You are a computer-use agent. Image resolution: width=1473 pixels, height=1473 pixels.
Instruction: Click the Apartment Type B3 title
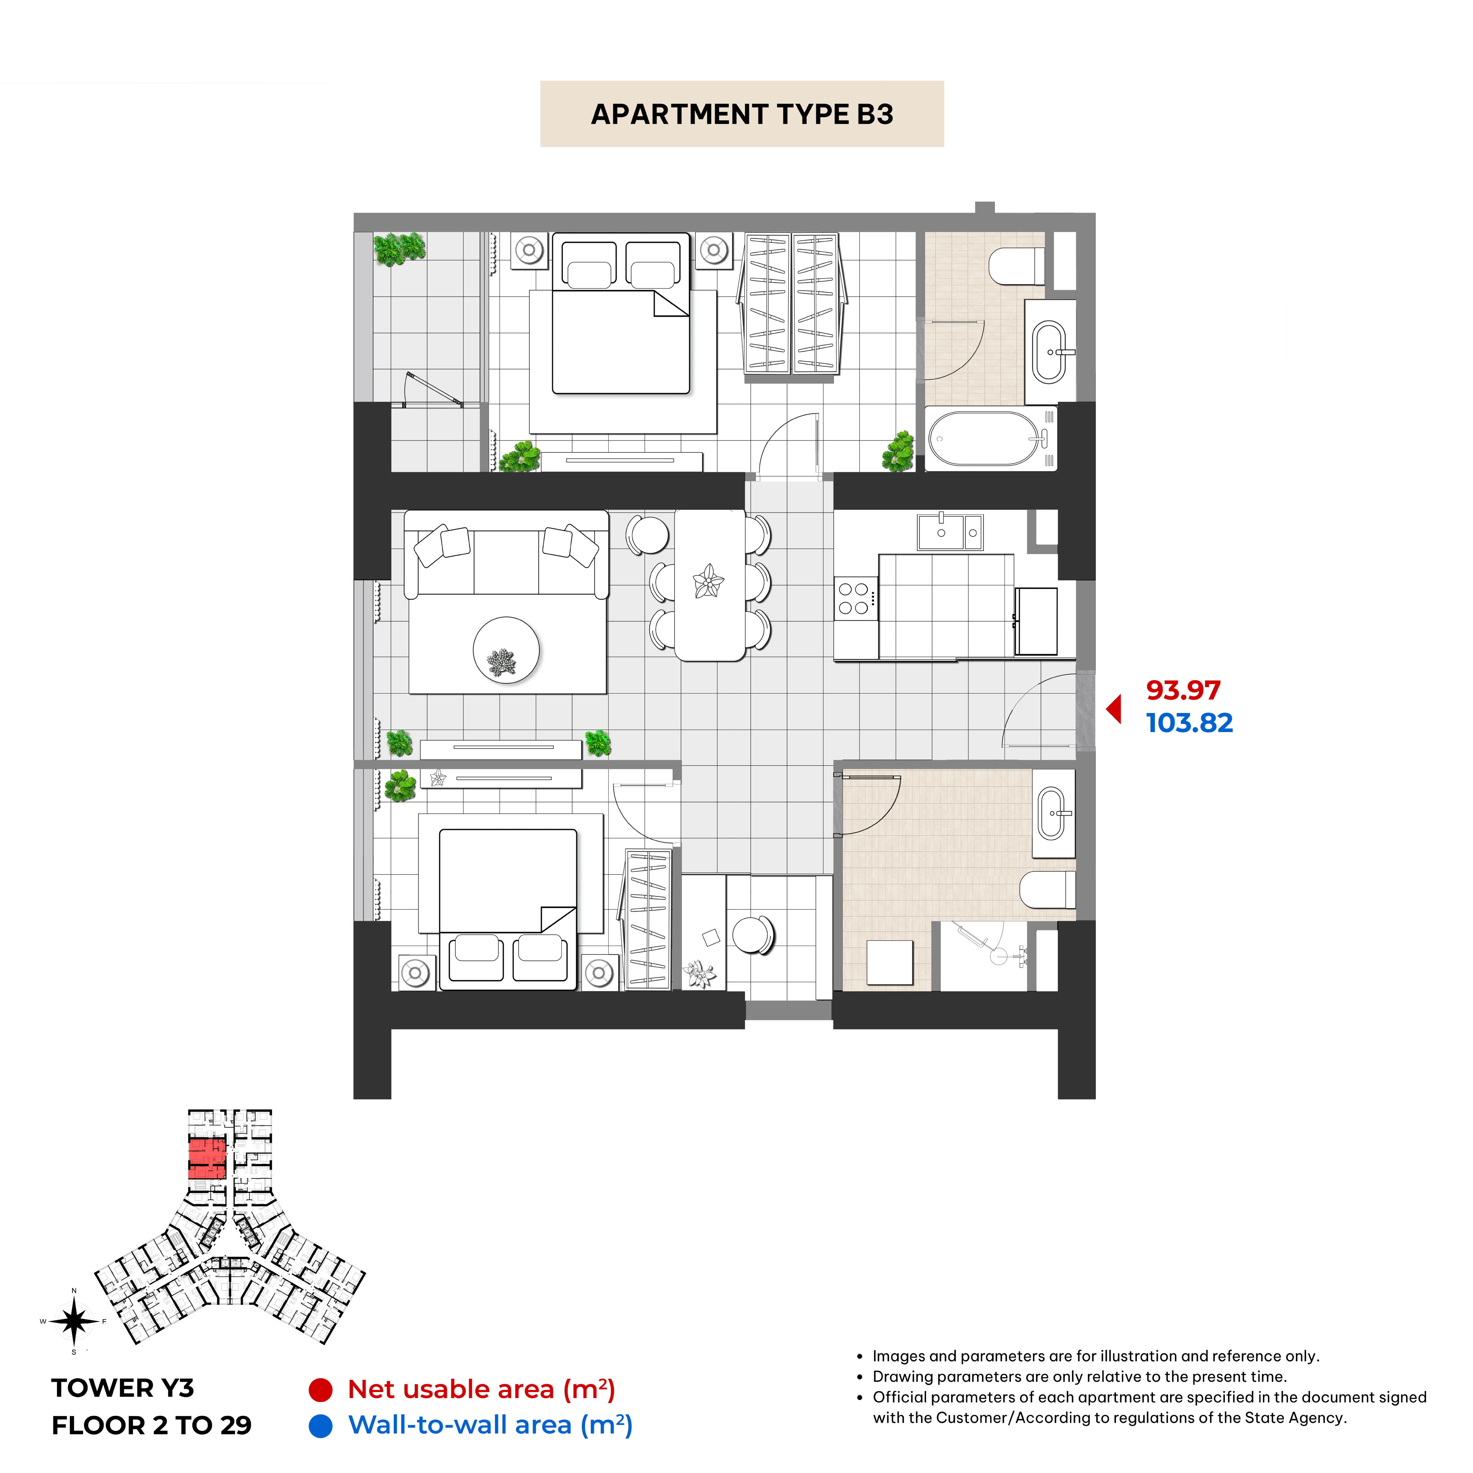pos(742,115)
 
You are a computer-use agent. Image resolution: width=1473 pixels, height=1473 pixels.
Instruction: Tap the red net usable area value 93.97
pos(1183,690)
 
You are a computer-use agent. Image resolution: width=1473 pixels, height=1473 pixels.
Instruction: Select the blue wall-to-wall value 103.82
pos(1189,723)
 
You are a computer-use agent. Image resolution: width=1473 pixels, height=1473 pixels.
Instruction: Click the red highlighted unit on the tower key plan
pos(207,1159)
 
